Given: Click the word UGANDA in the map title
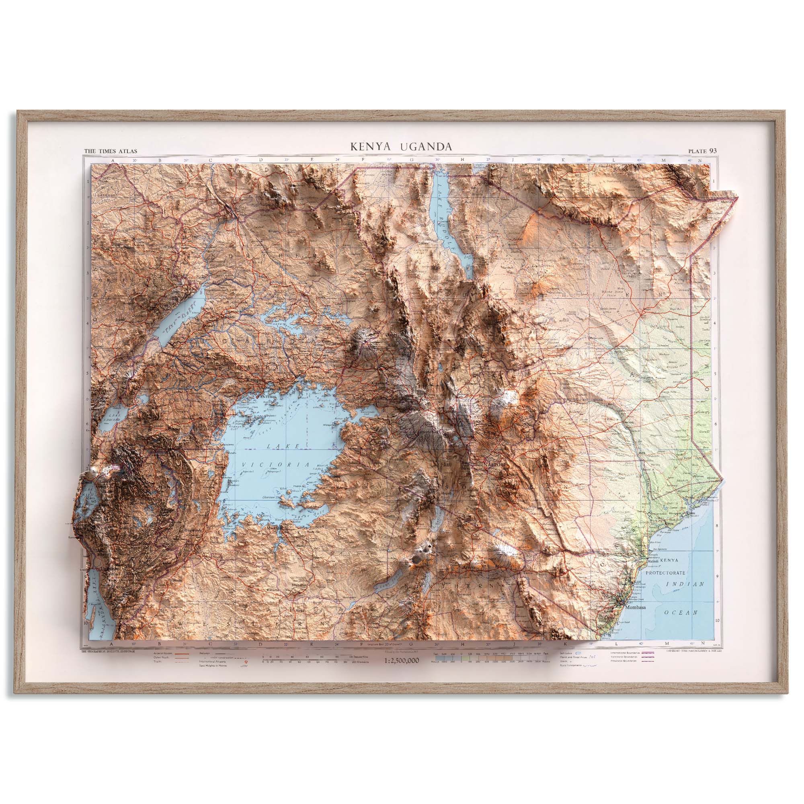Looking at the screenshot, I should click(x=426, y=146).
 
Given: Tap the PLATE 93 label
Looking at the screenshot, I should click(x=702, y=151).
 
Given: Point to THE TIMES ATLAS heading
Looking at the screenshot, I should click(x=110, y=152).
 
